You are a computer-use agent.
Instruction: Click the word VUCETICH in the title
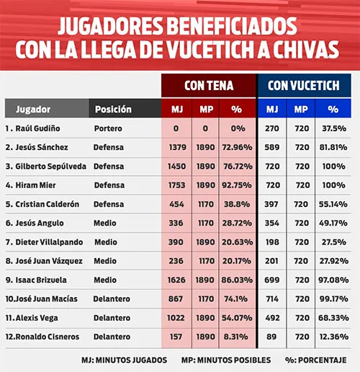(x=238, y=51)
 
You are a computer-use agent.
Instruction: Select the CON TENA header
(x=208, y=85)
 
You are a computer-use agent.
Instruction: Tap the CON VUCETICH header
(x=304, y=85)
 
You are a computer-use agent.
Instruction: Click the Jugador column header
(x=28, y=110)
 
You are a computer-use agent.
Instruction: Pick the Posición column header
(x=113, y=110)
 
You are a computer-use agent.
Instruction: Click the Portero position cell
(x=108, y=128)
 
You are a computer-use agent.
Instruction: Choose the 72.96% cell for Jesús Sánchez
(x=236, y=147)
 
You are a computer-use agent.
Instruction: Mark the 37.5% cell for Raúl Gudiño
(x=332, y=128)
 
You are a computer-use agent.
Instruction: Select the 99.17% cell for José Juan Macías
(x=332, y=298)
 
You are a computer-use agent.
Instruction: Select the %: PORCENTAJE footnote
(x=316, y=359)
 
